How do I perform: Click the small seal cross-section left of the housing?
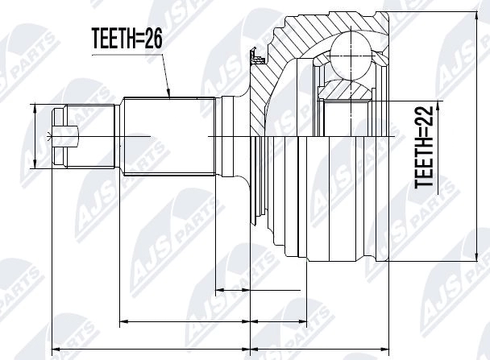[x=257, y=59]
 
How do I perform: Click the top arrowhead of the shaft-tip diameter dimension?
[x=35, y=106]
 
